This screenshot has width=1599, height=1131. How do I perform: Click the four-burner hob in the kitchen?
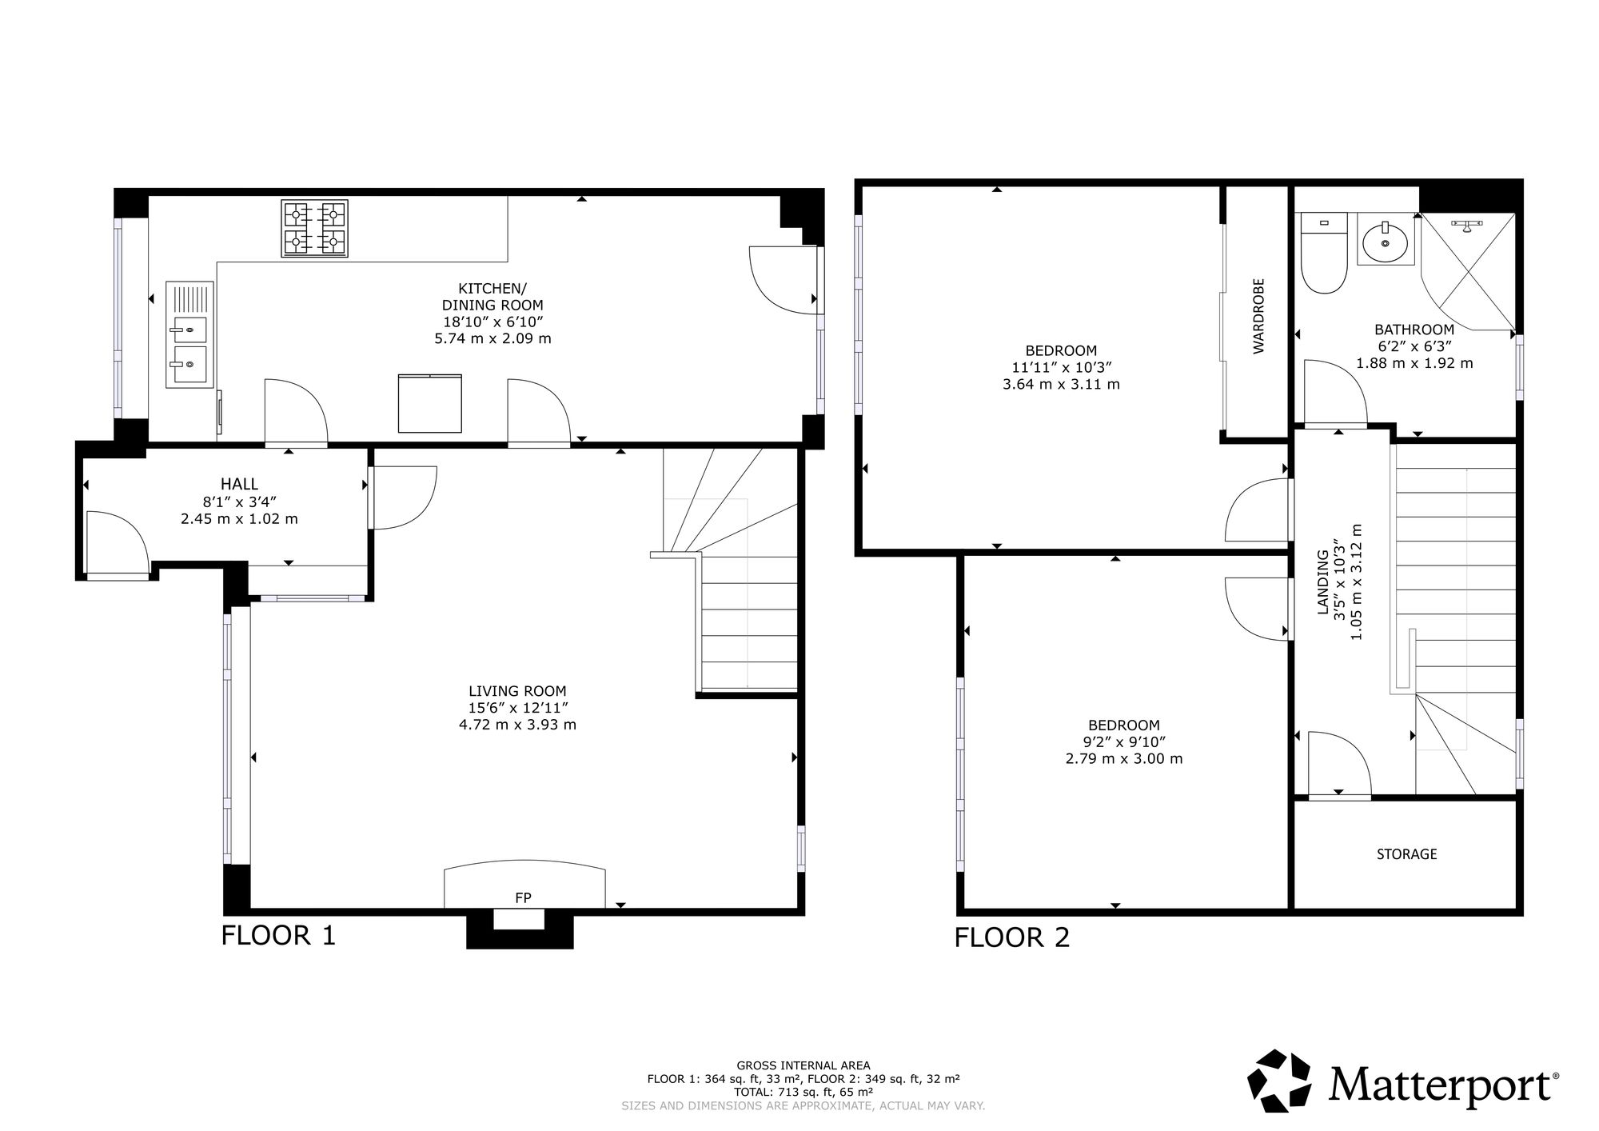pyautogui.click(x=315, y=228)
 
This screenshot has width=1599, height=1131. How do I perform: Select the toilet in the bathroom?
pyautogui.click(x=1324, y=253)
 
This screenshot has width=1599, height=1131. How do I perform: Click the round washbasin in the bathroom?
pyautogui.click(x=1386, y=242)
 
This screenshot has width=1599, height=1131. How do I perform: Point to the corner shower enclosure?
pyautogui.click(x=1467, y=272)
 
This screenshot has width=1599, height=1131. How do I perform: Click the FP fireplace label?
pyautogui.click(x=523, y=897)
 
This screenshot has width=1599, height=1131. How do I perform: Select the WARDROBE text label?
pyautogui.click(x=1258, y=315)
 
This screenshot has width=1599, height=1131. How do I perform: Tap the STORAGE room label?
pyautogui.click(x=1406, y=854)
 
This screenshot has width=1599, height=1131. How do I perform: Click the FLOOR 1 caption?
pyautogui.click(x=278, y=935)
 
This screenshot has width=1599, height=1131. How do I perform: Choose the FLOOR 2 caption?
pyautogui.click(x=1011, y=937)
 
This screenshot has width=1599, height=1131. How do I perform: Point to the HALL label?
pyautogui.click(x=239, y=484)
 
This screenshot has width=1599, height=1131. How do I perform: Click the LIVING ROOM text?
pyautogui.click(x=517, y=691)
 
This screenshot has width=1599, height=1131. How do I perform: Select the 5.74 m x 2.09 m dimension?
pyautogui.click(x=492, y=338)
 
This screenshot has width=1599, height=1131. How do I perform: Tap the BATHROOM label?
pyautogui.click(x=1414, y=329)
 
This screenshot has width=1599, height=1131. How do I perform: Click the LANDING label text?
pyautogui.click(x=1322, y=581)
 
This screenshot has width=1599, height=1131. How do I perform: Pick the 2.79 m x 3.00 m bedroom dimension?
pyautogui.click(x=1123, y=758)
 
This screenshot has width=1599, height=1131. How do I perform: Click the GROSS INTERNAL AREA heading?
pyautogui.click(x=803, y=1065)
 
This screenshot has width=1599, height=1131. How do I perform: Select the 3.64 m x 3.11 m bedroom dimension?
pyautogui.click(x=1061, y=384)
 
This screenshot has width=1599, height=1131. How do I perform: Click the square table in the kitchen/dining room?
pyautogui.click(x=430, y=403)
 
